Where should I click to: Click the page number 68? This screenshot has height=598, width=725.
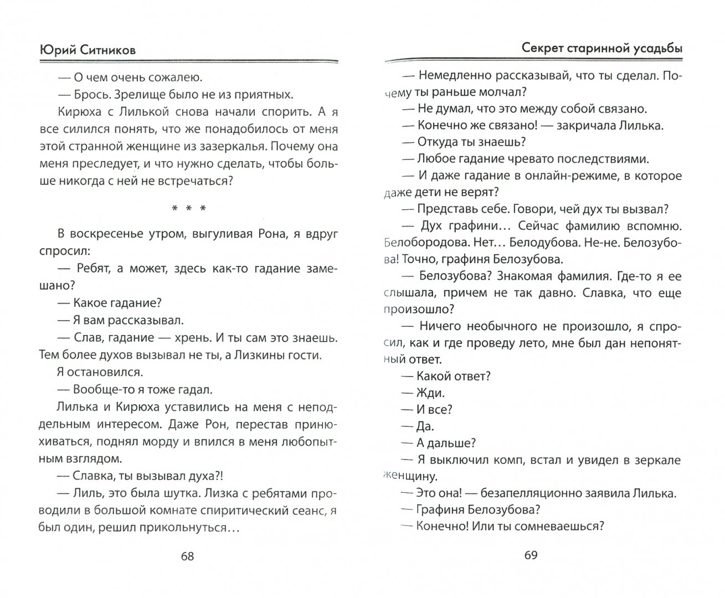tap(188, 556)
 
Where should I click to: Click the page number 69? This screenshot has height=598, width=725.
tap(531, 555)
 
